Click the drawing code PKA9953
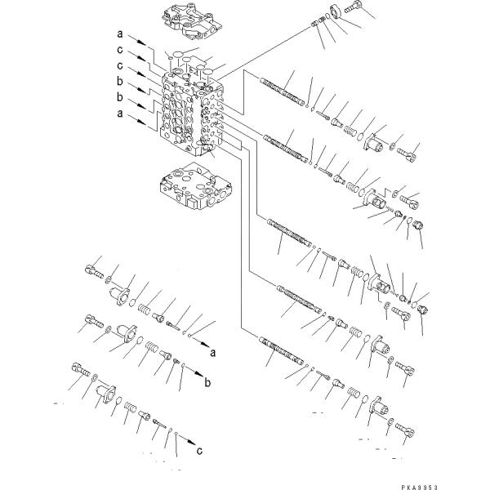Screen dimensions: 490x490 coord(420,487)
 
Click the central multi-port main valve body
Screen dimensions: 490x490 coord(192,113)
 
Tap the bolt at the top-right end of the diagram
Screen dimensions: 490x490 coord(354,7)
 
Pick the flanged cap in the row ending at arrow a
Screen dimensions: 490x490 coord(120,296)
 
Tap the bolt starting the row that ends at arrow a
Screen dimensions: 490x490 coord(94,272)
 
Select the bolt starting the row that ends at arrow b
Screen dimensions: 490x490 coord(94,321)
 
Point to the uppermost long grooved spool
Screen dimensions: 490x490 coord(283,91)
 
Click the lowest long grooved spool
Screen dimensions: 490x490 coord(281,350)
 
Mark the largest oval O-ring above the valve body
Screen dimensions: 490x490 coord(178,55)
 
